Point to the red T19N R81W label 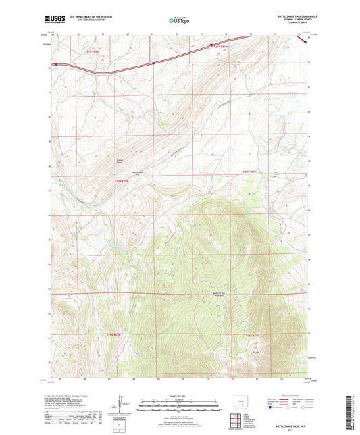252,336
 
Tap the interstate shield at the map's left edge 56,65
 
